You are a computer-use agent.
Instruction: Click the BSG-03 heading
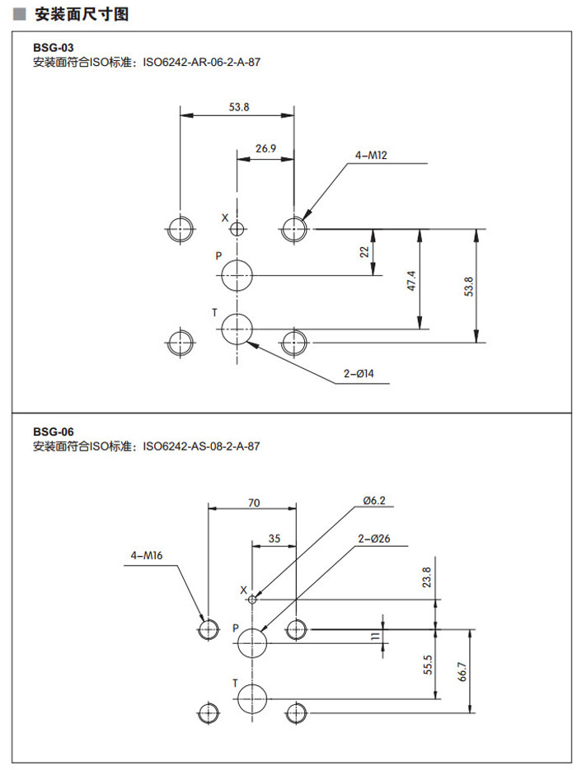pos(47,48)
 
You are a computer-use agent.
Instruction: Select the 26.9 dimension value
pos(265,149)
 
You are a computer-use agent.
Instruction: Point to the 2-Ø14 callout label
pos(359,375)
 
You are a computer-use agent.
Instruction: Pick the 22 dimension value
pos(364,252)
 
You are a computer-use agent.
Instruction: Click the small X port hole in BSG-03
pos(237,229)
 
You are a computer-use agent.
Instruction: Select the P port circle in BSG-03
pos(237,274)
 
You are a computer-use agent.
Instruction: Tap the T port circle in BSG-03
pos(237,329)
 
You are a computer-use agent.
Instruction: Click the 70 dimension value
pos(253,502)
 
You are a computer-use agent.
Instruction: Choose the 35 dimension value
pos(274,539)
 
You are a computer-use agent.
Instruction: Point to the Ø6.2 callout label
pos(373,500)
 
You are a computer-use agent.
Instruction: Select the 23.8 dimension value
pos(425,576)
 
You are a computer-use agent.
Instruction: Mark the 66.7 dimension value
pos(462,671)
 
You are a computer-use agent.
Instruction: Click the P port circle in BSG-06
pos(253,643)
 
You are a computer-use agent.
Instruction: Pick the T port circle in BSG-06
pos(253,698)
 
